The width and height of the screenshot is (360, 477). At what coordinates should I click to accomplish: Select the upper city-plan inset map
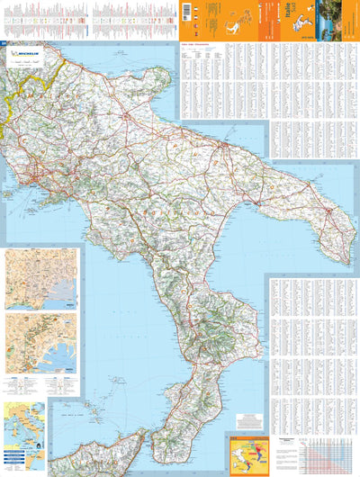pyautogui.click(x=40, y=278)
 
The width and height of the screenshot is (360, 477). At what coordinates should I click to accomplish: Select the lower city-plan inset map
pyautogui.click(x=40, y=342)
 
